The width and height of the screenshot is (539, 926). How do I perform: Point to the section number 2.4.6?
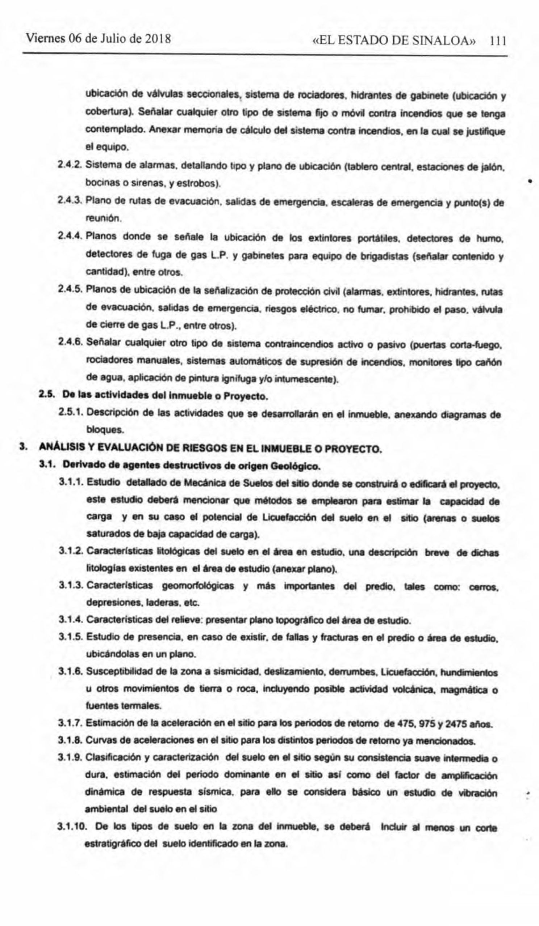(71, 343)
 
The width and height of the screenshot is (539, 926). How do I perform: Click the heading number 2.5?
(46, 396)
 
